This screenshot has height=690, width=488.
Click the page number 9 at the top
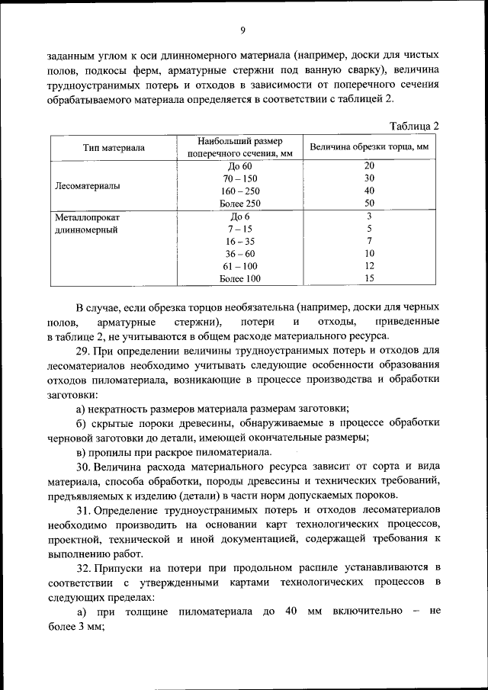[242, 30]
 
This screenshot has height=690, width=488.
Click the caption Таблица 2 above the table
[414, 126]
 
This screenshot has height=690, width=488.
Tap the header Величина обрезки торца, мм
[369, 146]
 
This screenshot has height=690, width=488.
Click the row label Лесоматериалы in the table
[88, 185]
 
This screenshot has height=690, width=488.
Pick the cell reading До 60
[239, 165]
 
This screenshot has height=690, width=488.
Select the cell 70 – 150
[239, 178]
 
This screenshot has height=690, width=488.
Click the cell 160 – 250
[239, 191]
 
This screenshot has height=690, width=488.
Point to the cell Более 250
[239, 203]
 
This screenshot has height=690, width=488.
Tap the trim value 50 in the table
[369, 203]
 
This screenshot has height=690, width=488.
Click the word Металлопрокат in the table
[88, 217]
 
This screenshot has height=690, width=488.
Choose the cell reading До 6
[239, 217]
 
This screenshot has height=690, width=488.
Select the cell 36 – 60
[239, 253]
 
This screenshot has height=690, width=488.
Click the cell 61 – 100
[239, 266]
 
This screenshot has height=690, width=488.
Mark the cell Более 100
[239, 278]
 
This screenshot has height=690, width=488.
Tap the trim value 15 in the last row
[369, 278]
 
